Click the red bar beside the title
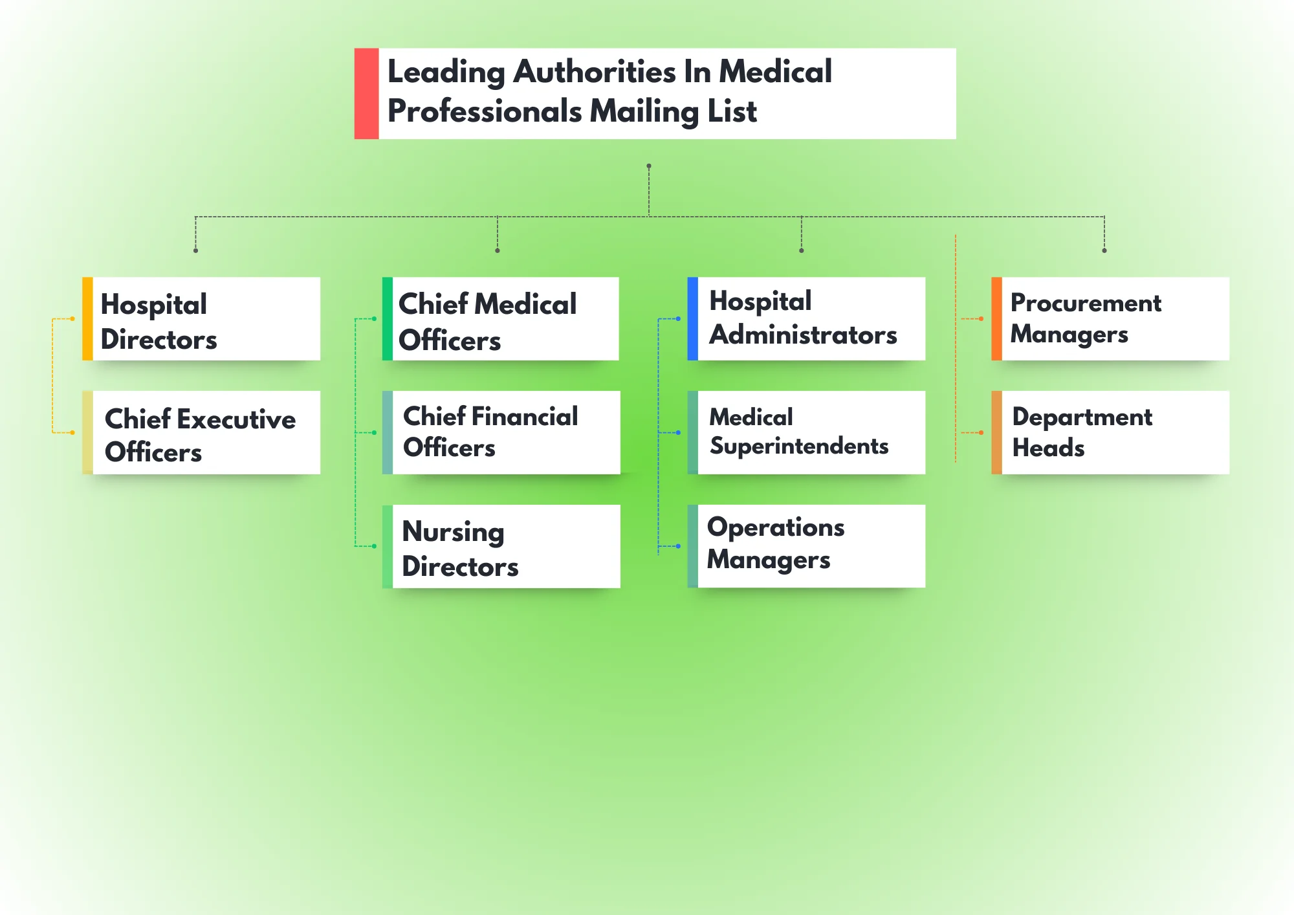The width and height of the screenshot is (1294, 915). click(366, 93)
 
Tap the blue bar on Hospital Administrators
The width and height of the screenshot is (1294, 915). click(692, 318)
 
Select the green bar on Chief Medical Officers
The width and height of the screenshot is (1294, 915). click(387, 318)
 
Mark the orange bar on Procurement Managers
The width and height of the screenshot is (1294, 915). click(996, 318)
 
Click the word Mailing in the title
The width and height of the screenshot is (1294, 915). click(644, 112)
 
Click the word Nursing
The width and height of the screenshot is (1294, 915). click(453, 532)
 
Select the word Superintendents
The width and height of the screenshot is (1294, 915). click(799, 446)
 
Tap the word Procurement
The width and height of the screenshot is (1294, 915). click(1086, 303)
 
